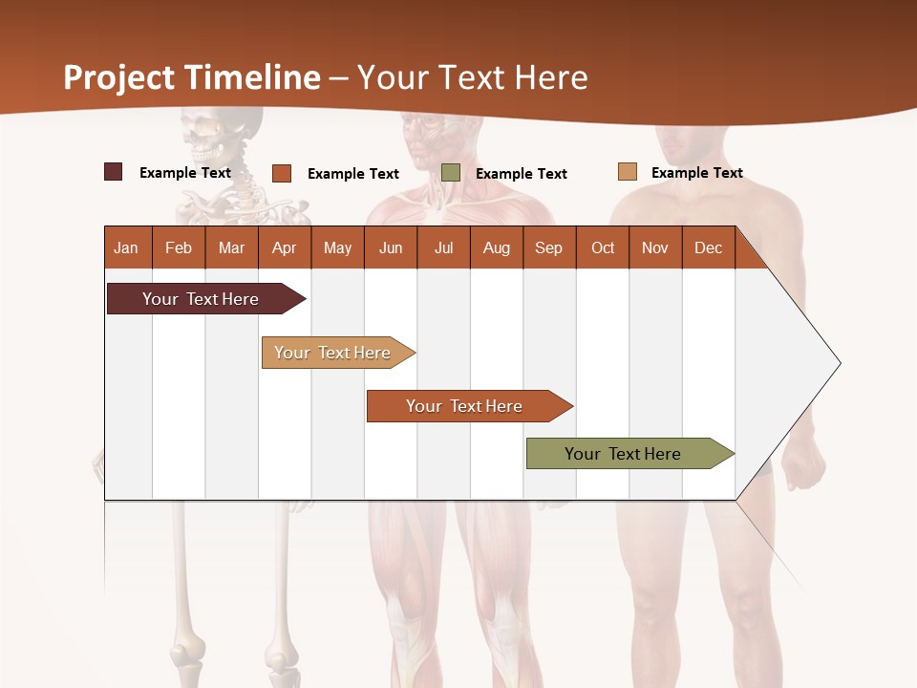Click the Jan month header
127,248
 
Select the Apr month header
285,248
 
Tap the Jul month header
443,248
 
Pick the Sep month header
549,248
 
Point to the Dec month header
708,248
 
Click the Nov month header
655,248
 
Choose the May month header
337,248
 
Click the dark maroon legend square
114,172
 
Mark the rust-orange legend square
282,173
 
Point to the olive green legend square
451,172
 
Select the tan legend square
628,172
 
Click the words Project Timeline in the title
192,77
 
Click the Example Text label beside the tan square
696,173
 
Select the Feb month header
179,248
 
